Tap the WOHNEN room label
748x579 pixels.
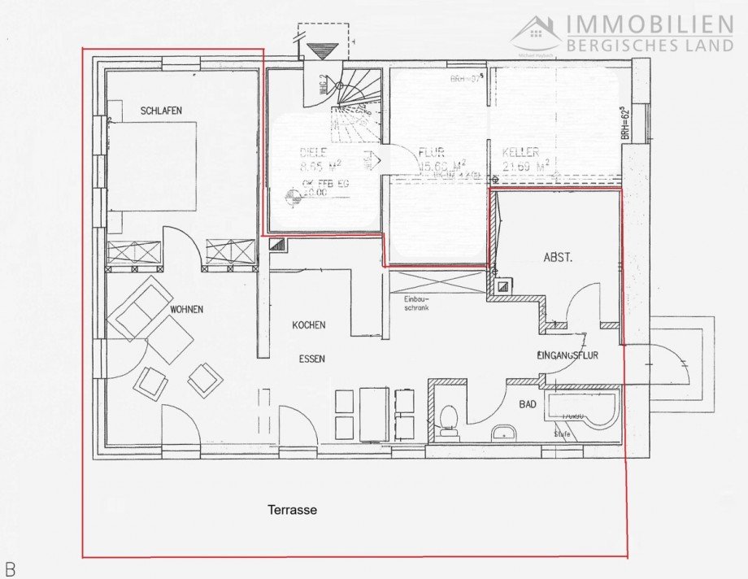(186, 309)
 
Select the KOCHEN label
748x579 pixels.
(309, 325)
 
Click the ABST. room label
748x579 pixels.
(558, 258)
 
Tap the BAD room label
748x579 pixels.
(528, 403)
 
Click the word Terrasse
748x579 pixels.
(292, 510)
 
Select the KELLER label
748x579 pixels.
(520, 152)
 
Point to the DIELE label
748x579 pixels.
(289, 151)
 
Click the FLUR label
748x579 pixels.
(431, 152)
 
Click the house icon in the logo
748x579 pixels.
(537, 33)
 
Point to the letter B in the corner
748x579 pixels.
(10, 568)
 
